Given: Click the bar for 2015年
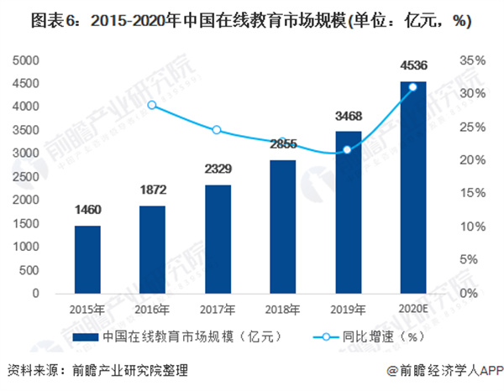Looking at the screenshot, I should [87, 259].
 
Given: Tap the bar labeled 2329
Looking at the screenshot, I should [217, 239].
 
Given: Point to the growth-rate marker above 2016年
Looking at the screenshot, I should [152, 105].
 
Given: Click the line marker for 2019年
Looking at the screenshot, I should [347, 149].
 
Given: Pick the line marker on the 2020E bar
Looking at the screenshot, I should [412, 86].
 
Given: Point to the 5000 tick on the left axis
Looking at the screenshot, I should [29, 61].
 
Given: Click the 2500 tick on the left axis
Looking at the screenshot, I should [29, 177].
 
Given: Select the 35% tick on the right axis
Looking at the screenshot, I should [472, 61].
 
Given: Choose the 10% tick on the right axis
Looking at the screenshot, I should [472, 227].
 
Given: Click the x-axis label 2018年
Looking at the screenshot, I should [282, 308].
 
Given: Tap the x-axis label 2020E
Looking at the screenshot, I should [412, 308].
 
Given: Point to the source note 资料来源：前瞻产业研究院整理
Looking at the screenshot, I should [97, 370].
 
